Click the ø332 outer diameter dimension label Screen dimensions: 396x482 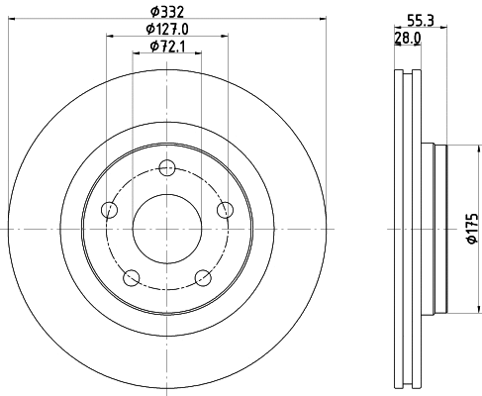point(166,11)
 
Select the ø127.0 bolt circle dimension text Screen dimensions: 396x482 point(168,29)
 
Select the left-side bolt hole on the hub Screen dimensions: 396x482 point(108,209)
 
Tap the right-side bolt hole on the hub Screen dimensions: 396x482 point(226,209)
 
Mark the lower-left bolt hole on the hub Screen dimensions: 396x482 point(131,277)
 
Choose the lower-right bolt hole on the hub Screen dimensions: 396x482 point(203,277)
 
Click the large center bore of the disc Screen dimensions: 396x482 point(166,229)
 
